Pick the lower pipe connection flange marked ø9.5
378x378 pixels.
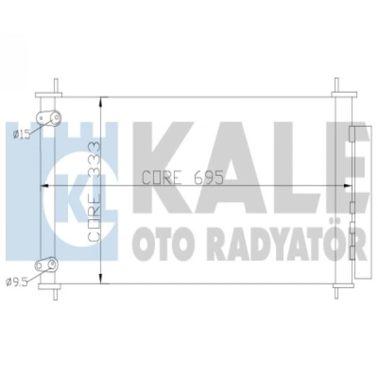click(x=47, y=264)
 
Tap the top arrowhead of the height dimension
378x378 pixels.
click(x=101, y=101)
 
